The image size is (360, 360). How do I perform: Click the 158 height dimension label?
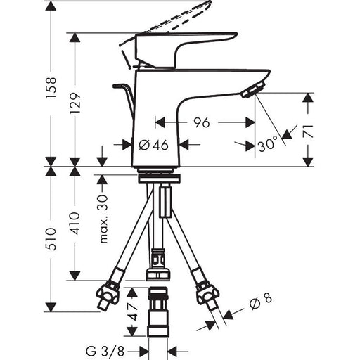click(51, 87)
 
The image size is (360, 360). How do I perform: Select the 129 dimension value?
click(75, 103)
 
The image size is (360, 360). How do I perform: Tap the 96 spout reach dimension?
click(202, 122)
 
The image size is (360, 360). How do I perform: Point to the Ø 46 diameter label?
click(153, 145)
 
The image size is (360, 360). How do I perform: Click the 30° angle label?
click(267, 144)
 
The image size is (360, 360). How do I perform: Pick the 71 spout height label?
click(308, 131)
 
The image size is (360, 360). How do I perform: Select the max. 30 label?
click(103, 219)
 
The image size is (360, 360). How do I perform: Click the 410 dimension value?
click(75, 224)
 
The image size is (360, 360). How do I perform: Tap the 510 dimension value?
click(51, 239)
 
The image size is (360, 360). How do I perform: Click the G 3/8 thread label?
click(105, 352)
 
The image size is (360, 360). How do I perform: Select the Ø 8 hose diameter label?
click(261, 302)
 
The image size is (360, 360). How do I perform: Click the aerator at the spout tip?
click(254, 90)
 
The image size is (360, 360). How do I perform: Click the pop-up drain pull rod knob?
click(119, 86)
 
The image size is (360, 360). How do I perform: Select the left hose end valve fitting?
click(108, 296)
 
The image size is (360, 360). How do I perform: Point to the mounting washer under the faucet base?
click(160, 178)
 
